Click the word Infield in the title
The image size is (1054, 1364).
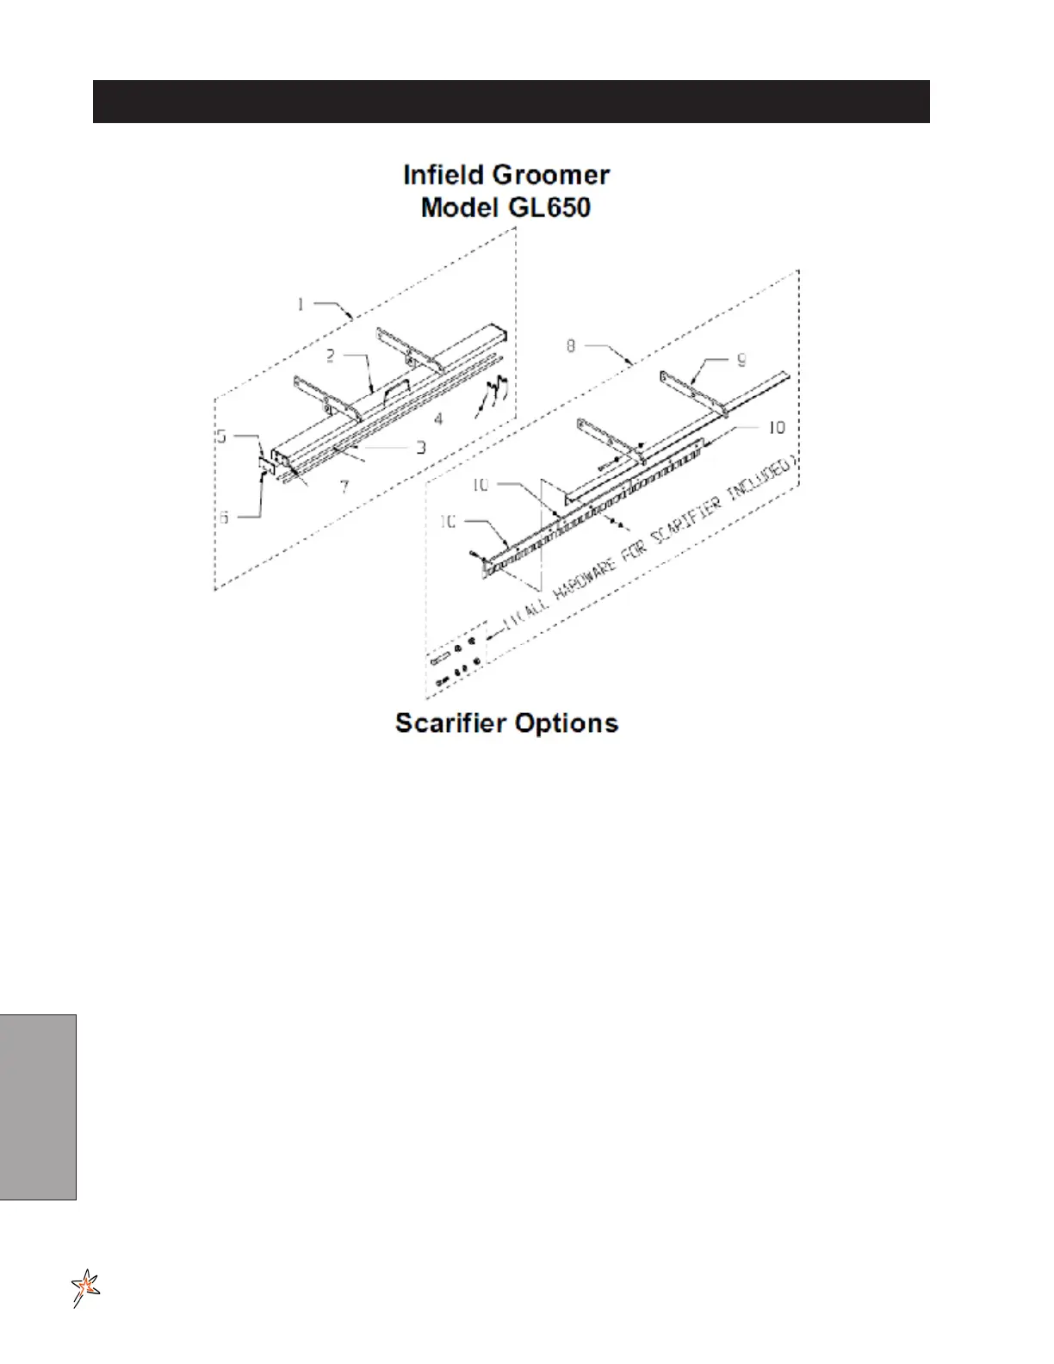tap(444, 175)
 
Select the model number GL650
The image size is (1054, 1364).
tap(549, 208)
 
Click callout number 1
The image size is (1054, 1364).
tap(301, 303)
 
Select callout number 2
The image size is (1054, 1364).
tap(330, 356)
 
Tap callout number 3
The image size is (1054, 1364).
tap(421, 448)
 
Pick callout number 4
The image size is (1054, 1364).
tap(438, 419)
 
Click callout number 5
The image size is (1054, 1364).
tap(222, 436)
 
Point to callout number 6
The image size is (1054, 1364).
tap(224, 517)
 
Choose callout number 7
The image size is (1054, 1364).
tap(344, 487)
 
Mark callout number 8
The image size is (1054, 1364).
tap(571, 345)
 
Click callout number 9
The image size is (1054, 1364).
tap(741, 360)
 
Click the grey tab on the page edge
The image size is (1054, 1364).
tap(38, 1107)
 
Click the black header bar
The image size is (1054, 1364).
tap(511, 102)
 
